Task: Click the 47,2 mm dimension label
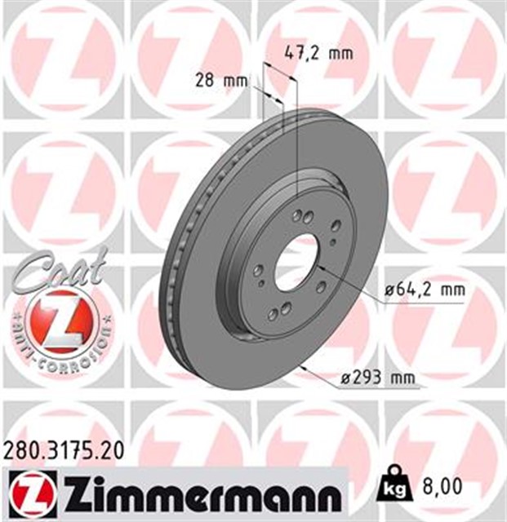pyautogui.click(x=318, y=54)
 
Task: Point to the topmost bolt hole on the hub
pyautogui.click(x=307, y=218)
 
